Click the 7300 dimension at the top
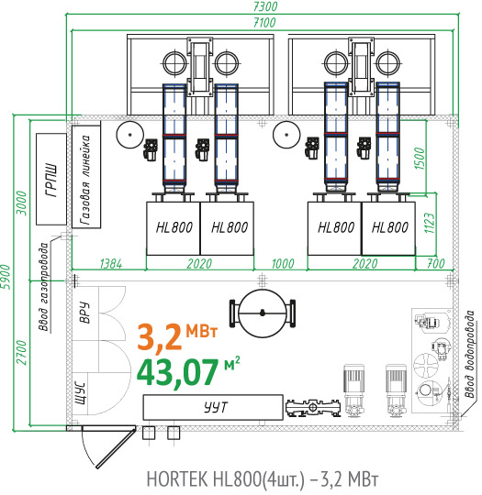pos(265,6)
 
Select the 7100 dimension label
pos(264,22)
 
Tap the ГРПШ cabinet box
pos(51,179)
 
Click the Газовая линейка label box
pos(86,177)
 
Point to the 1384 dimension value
pos(111,264)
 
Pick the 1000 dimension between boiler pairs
pos(283,264)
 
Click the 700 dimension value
pos(436,263)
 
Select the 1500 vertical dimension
pos(419,159)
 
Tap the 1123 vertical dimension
pos(429,223)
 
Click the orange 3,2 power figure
pos(160,336)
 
